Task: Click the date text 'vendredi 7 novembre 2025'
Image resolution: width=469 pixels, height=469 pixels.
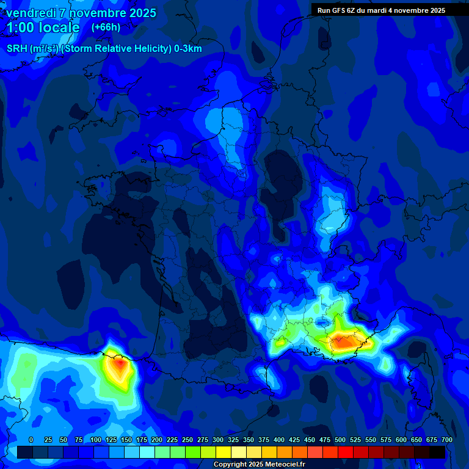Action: (81, 13)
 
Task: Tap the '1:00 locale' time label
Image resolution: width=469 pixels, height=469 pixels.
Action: (43, 27)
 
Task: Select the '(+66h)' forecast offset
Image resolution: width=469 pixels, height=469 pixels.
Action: (106, 27)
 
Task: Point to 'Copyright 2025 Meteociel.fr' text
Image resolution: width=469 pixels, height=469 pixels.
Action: (260, 465)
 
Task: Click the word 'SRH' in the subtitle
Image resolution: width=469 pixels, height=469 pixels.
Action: (18, 49)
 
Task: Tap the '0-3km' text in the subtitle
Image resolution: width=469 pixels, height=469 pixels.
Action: (187, 49)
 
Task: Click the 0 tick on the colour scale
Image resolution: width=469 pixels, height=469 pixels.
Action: (31, 440)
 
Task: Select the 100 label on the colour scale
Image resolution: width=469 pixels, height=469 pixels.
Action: (96, 440)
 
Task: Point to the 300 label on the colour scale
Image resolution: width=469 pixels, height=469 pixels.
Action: (218, 440)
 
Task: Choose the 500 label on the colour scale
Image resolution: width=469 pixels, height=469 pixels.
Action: (340, 440)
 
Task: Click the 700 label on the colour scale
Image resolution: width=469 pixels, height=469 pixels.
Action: (446, 440)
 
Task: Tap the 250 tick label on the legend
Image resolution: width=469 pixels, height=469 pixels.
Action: (187, 440)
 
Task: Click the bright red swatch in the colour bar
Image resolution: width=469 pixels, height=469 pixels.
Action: (346, 452)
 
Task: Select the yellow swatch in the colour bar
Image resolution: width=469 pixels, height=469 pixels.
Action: (224, 452)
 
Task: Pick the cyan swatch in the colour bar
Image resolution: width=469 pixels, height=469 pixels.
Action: (147, 452)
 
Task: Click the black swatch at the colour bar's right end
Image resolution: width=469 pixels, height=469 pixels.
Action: (437, 452)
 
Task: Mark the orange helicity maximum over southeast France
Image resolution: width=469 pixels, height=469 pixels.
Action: (343, 343)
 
